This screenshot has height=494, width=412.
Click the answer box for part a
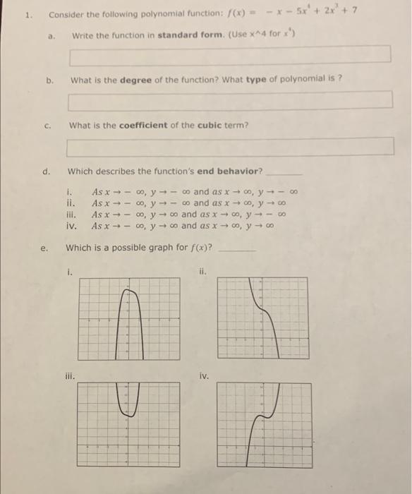pyautogui.click(x=230, y=54)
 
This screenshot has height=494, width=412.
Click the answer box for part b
pyautogui.click(x=230, y=100)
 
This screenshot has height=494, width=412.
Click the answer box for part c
pyautogui.click(x=230, y=146)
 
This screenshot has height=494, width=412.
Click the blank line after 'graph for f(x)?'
pyautogui.click(x=236, y=248)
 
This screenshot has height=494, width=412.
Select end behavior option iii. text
pyautogui.click(x=183, y=214)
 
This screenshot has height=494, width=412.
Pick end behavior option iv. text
pyautogui.click(x=181, y=226)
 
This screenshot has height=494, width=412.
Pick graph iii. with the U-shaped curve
pyautogui.click(x=123, y=423)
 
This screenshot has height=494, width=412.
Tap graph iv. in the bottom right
pyautogui.click(x=262, y=423)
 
